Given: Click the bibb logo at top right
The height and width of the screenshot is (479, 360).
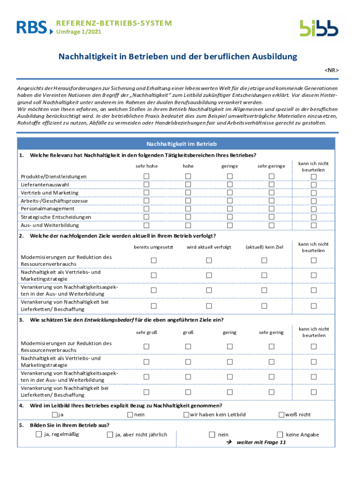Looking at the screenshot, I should (x=319, y=28).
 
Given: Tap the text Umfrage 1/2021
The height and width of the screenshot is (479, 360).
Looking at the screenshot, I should (x=78, y=32).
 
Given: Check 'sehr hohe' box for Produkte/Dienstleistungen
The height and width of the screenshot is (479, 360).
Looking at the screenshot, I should (x=146, y=176).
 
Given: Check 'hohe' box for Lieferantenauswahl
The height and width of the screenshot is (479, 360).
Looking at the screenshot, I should (x=188, y=184).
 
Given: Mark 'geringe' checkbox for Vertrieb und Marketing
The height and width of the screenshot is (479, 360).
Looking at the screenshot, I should (x=230, y=193).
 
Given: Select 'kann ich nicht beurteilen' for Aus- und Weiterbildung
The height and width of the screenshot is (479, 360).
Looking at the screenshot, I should (x=314, y=225).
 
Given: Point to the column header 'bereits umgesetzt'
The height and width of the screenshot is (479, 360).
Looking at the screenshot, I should (x=153, y=247).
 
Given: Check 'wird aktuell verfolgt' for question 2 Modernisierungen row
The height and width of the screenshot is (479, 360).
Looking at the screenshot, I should (x=209, y=260).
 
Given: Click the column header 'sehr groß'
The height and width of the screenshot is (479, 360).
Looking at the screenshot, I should (x=146, y=332).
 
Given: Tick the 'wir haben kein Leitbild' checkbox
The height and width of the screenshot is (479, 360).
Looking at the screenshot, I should (x=186, y=414).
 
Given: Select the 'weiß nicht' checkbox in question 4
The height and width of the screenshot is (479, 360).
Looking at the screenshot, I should (x=281, y=414).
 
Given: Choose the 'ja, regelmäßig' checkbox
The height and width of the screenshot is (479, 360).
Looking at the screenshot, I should (x=38, y=435).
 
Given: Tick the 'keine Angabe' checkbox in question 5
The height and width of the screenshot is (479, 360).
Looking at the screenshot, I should (x=280, y=435).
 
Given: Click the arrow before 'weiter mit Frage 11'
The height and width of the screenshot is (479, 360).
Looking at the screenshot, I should (x=229, y=442).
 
